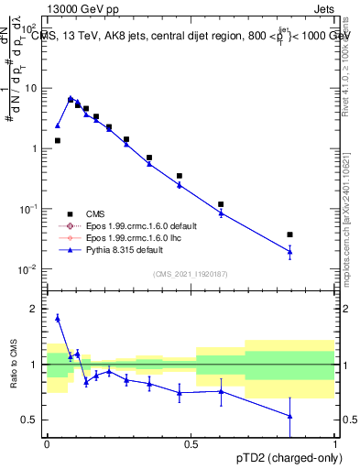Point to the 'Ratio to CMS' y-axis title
pos(12,365)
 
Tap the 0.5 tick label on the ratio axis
pos(32,420)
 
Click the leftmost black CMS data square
pos(58,141)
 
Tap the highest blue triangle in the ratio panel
pos(58,318)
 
